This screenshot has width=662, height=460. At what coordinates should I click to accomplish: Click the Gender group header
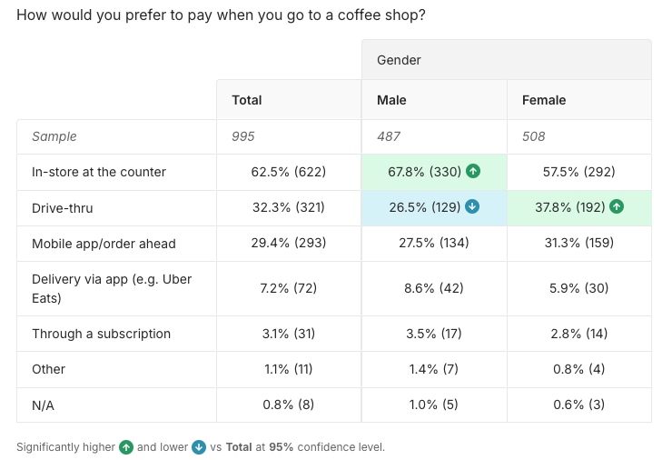(x=399, y=60)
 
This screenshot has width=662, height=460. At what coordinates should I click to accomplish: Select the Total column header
(x=247, y=100)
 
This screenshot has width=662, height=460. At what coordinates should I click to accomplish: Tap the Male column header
(x=391, y=100)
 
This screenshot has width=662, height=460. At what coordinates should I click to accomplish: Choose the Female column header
(x=543, y=100)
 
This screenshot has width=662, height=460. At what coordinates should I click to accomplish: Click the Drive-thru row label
(x=63, y=207)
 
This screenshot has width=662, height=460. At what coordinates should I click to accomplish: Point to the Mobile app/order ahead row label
(x=104, y=244)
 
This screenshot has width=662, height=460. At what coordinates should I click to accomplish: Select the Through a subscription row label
(x=101, y=334)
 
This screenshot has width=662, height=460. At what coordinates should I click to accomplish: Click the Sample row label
(x=54, y=136)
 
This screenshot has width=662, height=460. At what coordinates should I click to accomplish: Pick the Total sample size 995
(x=243, y=136)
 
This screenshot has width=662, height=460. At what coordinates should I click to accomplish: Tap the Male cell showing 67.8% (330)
(x=419, y=171)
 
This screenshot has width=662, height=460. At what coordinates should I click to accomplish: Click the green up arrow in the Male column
(x=473, y=171)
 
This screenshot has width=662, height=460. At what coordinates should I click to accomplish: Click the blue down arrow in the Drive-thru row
(x=471, y=207)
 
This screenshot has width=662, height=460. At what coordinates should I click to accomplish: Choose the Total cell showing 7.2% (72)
(x=288, y=288)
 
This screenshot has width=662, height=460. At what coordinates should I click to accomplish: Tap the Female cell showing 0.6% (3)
(x=578, y=405)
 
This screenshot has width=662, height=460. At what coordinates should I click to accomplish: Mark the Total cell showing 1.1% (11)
(x=288, y=369)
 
